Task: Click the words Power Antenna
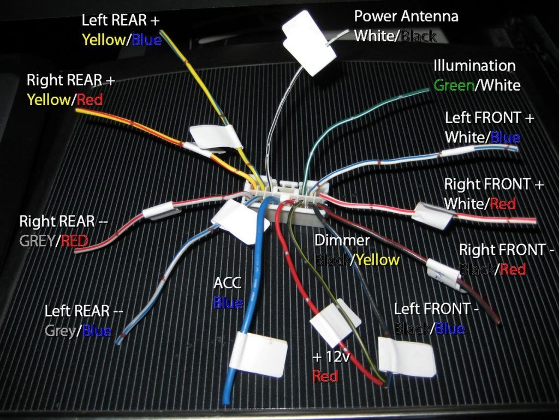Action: click(x=406, y=16)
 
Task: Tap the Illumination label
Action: click(x=474, y=66)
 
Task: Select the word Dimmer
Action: click(x=342, y=240)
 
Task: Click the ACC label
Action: click(x=227, y=283)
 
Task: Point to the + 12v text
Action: click(x=331, y=357)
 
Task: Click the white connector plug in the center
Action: click(x=284, y=191)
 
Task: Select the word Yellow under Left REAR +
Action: click(x=103, y=40)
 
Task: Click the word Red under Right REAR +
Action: click(x=90, y=100)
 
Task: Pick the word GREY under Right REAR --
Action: click(x=36, y=241)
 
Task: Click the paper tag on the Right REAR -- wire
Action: click(x=159, y=209)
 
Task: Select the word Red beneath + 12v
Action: click(x=325, y=376)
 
